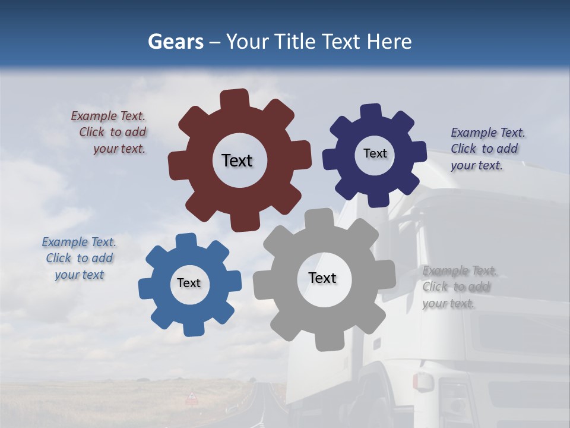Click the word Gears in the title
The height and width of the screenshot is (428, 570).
click(x=175, y=42)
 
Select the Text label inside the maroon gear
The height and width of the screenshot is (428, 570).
click(x=237, y=160)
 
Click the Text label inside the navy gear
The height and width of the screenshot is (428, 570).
click(x=375, y=153)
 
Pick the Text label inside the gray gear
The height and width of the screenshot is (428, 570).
click(x=322, y=278)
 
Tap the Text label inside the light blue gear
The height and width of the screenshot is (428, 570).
click(x=189, y=283)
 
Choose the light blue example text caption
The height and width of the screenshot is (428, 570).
click(x=79, y=258)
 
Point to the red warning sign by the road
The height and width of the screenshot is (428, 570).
click(x=192, y=396)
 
